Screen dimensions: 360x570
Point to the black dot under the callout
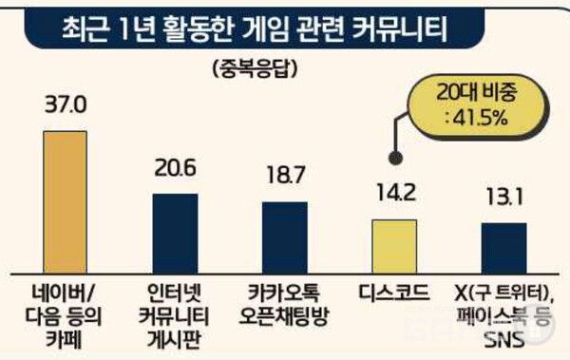(393, 159)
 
